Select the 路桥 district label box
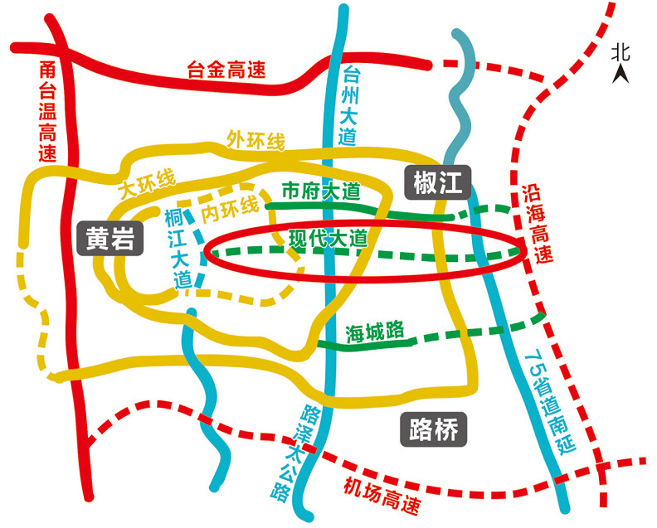tap(434, 429)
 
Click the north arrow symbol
tap(620, 75)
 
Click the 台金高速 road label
tap(226, 70)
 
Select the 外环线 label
tap(255, 141)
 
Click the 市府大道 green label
tap(320, 191)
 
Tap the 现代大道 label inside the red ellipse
tap(328, 239)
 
